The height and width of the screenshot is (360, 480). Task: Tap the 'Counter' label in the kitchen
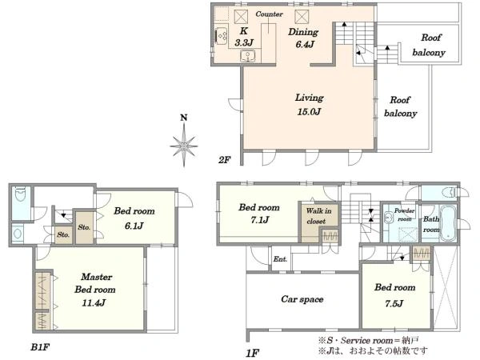[269, 14]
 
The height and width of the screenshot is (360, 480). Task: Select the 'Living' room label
[309, 98]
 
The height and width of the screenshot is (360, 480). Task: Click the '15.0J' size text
[309, 112]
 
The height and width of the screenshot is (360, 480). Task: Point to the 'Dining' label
[303, 32]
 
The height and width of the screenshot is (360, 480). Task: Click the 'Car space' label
[302, 299]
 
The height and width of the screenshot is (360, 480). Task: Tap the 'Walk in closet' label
[318, 216]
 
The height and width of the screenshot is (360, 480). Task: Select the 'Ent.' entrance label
[280, 259]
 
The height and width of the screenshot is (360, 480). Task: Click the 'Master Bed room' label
[95, 283]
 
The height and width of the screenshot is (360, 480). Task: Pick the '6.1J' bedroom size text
[134, 226]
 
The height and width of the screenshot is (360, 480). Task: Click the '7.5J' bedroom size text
[394, 303]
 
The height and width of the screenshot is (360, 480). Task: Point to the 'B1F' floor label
[40, 347]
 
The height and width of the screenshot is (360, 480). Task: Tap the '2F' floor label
[224, 159]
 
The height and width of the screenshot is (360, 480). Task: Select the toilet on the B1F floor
[21, 194]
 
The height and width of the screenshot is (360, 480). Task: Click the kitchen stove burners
[221, 35]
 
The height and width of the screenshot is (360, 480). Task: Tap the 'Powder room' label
[404, 214]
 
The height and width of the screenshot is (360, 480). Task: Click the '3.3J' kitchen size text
[244, 43]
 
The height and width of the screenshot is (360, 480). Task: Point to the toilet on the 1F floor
[450, 193]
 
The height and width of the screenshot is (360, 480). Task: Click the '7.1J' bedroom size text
[259, 220]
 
